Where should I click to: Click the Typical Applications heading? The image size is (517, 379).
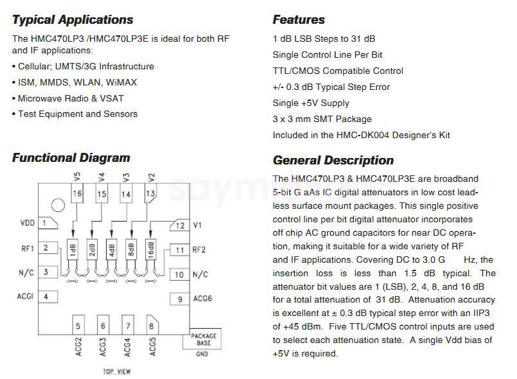[x=73, y=20]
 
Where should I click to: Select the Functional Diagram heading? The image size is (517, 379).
[x=71, y=158]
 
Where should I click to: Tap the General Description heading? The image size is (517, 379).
[x=333, y=161]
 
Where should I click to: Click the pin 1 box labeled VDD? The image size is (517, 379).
[x=48, y=224]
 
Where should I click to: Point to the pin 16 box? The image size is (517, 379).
[x=77, y=193]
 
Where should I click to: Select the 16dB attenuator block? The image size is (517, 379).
[x=151, y=249]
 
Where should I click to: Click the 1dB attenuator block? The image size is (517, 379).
[x=73, y=249]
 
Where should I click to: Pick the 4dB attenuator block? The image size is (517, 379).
[x=112, y=249]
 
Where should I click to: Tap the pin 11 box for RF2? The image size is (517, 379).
[x=180, y=250]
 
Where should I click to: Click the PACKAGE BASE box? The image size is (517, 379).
[x=202, y=339]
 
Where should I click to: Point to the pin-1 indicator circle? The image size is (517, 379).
[x=58, y=206]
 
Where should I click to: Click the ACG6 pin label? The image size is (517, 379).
[x=202, y=299]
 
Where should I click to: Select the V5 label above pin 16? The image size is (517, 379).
[x=77, y=177]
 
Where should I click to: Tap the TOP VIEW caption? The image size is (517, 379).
[x=117, y=371]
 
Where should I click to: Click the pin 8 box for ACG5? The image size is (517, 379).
[x=152, y=325]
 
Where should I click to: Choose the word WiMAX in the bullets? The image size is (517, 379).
[x=121, y=82]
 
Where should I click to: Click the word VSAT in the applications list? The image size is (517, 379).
[x=112, y=98]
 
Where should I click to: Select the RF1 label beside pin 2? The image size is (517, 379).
[x=28, y=249]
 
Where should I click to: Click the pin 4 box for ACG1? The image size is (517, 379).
[x=48, y=297]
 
